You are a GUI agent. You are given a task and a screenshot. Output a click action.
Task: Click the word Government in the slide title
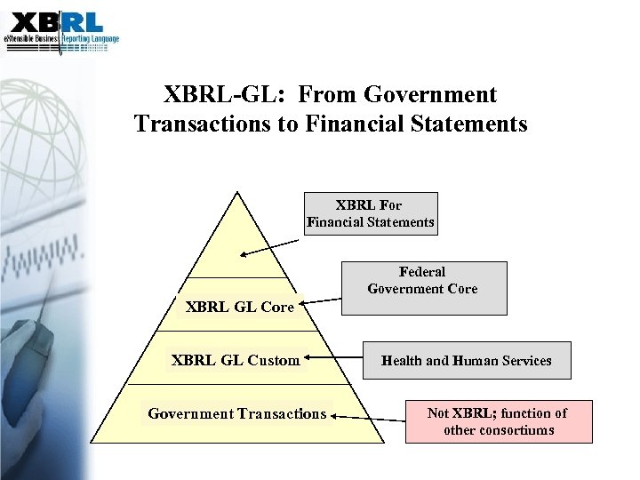(x=430, y=94)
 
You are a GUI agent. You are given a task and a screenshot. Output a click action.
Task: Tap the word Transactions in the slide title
(x=204, y=124)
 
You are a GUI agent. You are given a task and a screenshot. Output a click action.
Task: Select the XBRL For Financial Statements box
(x=371, y=213)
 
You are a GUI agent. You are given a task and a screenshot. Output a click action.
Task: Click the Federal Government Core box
(x=422, y=288)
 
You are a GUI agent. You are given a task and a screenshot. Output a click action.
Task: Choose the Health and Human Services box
(x=466, y=360)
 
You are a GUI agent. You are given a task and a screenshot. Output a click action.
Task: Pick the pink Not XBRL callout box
(x=498, y=421)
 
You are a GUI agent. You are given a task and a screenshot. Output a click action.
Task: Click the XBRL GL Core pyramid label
(x=239, y=308)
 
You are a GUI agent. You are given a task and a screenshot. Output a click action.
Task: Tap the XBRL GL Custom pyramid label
(x=236, y=360)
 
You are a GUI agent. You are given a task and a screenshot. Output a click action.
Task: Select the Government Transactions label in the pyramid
(x=236, y=413)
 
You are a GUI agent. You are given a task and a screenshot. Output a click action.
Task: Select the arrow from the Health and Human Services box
(x=332, y=360)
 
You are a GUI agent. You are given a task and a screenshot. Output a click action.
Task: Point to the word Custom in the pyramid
(x=273, y=360)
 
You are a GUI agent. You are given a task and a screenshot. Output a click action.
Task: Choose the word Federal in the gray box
(x=422, y=272)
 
